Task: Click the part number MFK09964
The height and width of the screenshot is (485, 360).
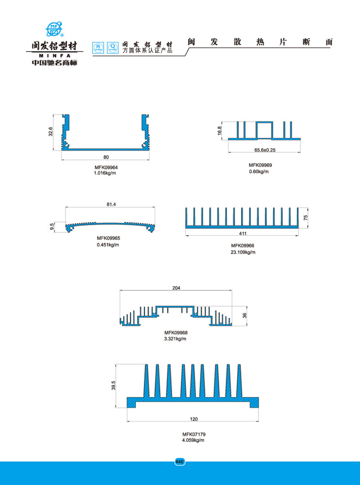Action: click(106, 167)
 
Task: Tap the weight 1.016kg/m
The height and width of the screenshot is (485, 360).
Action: click(105, 173)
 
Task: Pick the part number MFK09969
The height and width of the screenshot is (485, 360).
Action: click(261, 165)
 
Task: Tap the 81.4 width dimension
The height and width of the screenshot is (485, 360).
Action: click(111, 205)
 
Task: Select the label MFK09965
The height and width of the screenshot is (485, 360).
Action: click(108, 238)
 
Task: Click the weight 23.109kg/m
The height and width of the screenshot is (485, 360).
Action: click(243, 252)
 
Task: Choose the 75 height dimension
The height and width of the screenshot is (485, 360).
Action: click(306, 217)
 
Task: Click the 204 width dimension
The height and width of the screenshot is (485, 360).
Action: click(176, 288)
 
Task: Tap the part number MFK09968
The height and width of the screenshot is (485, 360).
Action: click(176, 333)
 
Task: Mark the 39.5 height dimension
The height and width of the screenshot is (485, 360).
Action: click(114, 386)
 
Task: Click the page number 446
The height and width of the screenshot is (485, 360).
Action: click(180, 462)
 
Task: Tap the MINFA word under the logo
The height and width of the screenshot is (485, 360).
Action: click(54, 56)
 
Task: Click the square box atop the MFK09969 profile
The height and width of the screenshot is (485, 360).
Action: click(265, 129)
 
